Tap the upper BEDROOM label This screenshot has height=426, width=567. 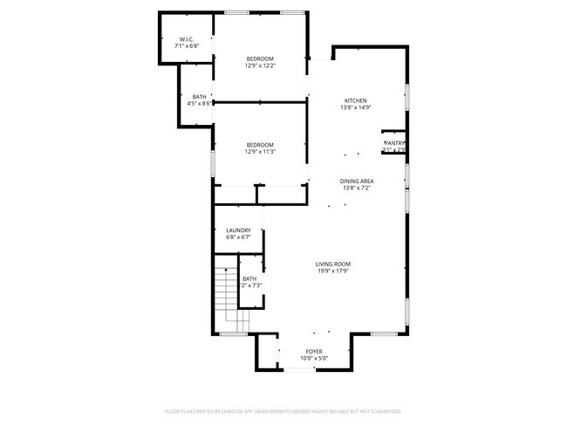click(260, 58)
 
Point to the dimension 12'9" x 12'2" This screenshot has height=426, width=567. click(260, 65)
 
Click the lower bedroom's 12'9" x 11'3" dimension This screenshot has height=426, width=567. click(260, 151)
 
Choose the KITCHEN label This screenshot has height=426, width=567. click(355, 101)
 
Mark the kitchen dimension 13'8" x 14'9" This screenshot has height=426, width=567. click(356, 107)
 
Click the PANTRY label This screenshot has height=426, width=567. click(394, 143)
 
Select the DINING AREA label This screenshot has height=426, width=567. click(357, 181)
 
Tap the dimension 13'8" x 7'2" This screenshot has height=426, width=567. click(357, 187)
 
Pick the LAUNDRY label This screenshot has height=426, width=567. click(238, 230)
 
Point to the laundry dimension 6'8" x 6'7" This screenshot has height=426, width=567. click(238, 237)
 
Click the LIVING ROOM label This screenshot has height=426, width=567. click(333, 264)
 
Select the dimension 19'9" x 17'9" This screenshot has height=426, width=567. click(333, 270)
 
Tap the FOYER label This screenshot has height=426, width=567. click(314, 352)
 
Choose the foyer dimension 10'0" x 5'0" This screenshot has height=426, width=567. click(314, 358)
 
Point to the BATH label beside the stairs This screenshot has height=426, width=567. click(249, 279)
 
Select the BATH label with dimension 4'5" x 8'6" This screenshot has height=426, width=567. click(200, 97)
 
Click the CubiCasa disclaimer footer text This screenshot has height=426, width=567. click(283, 410)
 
